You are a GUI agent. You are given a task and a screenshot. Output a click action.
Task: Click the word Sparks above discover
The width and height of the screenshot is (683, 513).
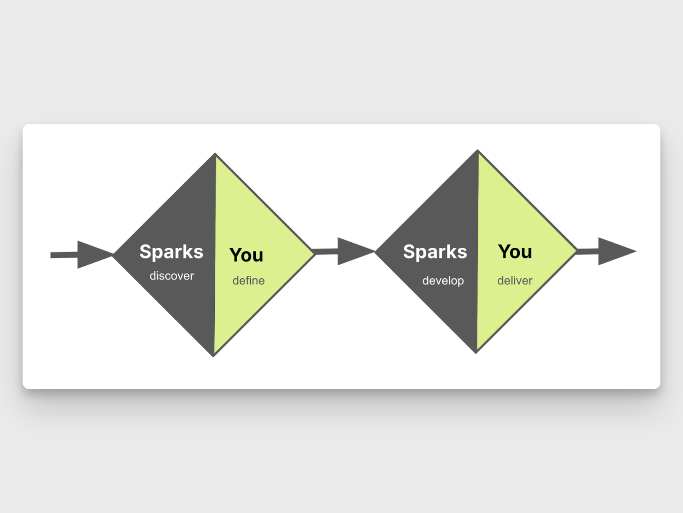click(171, 252)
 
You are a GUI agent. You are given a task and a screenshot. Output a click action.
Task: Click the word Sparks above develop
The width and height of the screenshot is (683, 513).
click(435, 252)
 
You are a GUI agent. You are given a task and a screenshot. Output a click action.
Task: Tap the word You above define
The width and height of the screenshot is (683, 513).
click(246, 255)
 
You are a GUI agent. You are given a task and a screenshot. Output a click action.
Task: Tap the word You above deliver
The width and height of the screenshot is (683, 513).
click(515, 252)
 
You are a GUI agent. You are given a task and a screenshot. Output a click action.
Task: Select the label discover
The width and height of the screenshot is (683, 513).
click(172, 276)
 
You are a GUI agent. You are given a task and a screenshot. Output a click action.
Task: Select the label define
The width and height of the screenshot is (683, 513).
click(248, 280)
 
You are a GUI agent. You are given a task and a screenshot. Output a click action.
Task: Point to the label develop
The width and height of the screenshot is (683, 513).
click(443, 280)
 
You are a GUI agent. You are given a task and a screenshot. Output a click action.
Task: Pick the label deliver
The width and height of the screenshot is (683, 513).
click(515, 280)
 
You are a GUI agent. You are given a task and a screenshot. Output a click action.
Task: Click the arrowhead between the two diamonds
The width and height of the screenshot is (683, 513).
click(354, 251)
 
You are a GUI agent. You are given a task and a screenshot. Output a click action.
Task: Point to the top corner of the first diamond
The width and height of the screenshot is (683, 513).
click(215, 154)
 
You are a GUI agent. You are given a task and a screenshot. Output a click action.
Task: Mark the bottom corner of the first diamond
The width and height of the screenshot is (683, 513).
click(213, 356)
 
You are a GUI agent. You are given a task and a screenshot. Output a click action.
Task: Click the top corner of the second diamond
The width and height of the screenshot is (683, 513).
click(478, 151)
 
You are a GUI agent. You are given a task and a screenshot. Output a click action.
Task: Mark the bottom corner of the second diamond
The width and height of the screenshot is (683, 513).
click(476, 352)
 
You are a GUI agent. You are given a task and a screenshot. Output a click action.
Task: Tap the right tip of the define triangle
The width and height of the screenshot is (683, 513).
click(313, 252)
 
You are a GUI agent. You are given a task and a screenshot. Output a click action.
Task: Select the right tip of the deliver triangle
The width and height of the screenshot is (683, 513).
click(576, 251)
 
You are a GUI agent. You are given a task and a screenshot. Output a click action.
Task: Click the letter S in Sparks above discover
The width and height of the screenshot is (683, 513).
click(145, 252)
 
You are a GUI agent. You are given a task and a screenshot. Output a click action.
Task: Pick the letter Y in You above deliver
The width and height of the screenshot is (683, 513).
click(503, 251)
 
